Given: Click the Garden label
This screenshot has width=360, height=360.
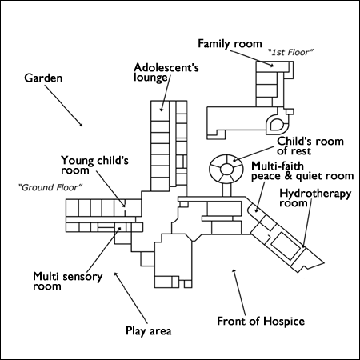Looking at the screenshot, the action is [x=43, y=78].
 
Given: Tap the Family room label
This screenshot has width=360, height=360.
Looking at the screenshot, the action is [x=230, y=44].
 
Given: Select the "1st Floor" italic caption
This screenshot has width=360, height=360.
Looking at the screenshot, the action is [x=290, y=52].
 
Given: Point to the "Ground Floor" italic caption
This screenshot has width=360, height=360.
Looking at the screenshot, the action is [x=50, y=187].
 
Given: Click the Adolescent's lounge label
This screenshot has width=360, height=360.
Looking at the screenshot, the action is [x=166, y=72].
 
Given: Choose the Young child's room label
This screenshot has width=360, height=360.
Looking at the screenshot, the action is [x=94, y=165].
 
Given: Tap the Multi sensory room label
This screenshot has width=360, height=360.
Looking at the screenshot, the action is [x=67, y=281].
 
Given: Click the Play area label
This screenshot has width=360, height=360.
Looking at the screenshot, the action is [x=149, y=331].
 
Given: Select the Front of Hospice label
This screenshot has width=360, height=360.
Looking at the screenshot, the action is [x=261, y=321].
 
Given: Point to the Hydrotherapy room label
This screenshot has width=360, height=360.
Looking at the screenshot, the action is [x=315, y=198].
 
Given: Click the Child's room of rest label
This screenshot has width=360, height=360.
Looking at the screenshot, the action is [x=310, y=146].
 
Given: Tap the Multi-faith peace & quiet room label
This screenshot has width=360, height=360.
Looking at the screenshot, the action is [x=302, y=171].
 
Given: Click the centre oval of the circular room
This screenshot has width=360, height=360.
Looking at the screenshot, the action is [x=226, y=169].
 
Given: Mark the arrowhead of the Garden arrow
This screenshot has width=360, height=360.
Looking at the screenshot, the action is [x=81, y=124].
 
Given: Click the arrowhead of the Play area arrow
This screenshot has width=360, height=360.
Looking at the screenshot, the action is [x=116, y=274].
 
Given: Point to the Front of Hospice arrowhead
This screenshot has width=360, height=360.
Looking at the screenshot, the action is [x=234, y=271].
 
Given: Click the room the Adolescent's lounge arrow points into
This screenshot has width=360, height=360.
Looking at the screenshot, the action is [x=160, y=110].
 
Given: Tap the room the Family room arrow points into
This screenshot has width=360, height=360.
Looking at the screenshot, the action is [x=273, y=66].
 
